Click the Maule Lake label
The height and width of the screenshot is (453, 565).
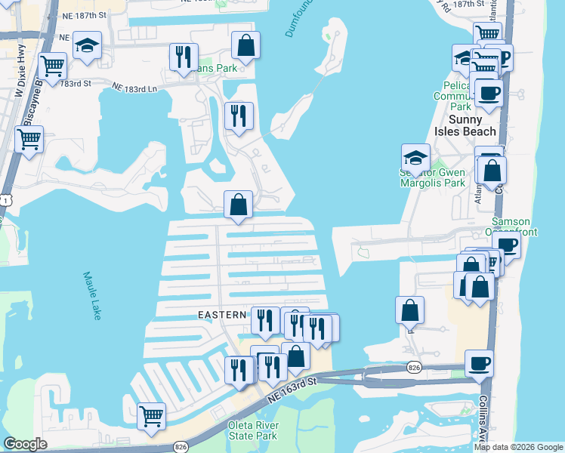click(91, 296)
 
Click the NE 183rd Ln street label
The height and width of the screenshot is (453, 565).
click(135, 89)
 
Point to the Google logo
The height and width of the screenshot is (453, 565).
click(25, 444)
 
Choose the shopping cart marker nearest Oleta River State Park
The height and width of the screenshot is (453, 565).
click(151, 415)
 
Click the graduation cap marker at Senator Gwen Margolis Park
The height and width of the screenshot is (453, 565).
click(415, 158)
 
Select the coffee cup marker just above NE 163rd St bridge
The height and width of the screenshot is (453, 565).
click(479, 364)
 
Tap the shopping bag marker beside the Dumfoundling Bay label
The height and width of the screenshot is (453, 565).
click(245, 46)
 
